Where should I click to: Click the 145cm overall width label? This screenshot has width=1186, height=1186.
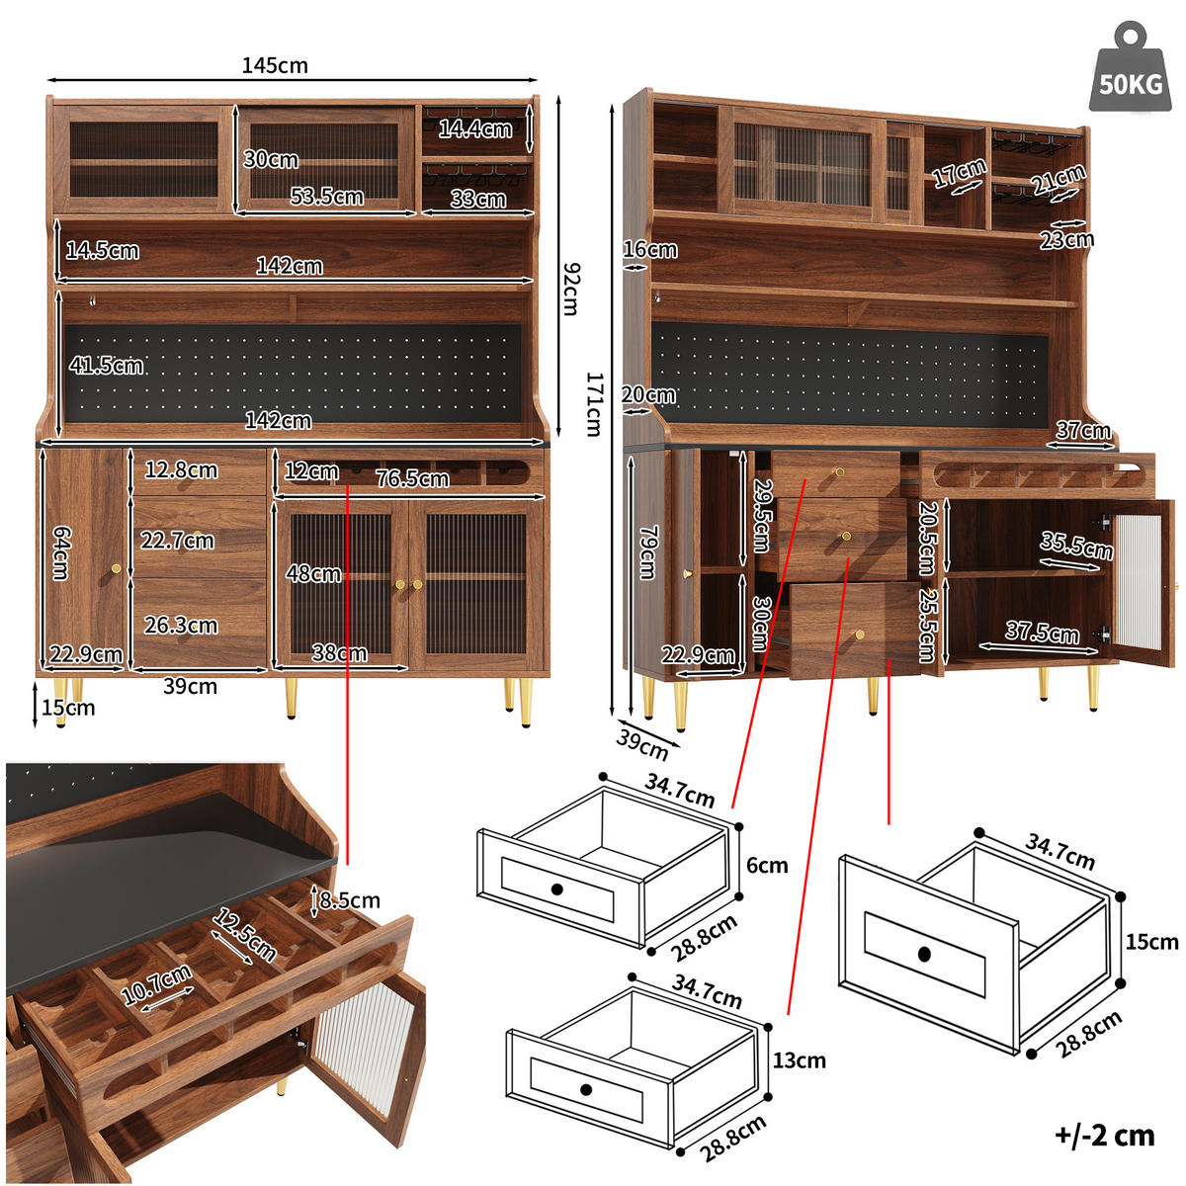pos(275,65)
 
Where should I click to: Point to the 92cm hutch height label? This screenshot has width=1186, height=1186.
pos(570,288)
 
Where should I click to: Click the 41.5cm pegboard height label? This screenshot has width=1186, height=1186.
pos(106,365)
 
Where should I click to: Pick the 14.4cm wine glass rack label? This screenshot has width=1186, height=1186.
pos(475,128)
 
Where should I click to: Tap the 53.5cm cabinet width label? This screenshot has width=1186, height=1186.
pos(326,196)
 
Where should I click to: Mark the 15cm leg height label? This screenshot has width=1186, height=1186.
pos(68,708)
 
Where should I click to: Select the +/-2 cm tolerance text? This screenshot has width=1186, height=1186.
pos(1104,1135)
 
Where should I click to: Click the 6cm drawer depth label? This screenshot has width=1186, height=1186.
pos(767,865)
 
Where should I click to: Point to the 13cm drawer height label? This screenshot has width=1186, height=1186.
pos(799,1060)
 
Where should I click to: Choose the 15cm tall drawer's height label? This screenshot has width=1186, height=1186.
pos(1151,941)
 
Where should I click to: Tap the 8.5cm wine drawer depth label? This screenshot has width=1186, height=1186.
pos(350,900)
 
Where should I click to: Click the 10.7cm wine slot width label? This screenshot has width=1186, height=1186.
pos(156,986)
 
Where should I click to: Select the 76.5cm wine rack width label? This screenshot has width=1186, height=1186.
pos(412,478)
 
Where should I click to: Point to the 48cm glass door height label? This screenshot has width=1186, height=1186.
pos(313,573)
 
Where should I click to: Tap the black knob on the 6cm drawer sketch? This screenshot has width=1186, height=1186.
pos(556,889)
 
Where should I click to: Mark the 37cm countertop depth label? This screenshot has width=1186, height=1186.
pos(1083,430)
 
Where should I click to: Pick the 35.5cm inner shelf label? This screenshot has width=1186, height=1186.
pos(1075,545)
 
